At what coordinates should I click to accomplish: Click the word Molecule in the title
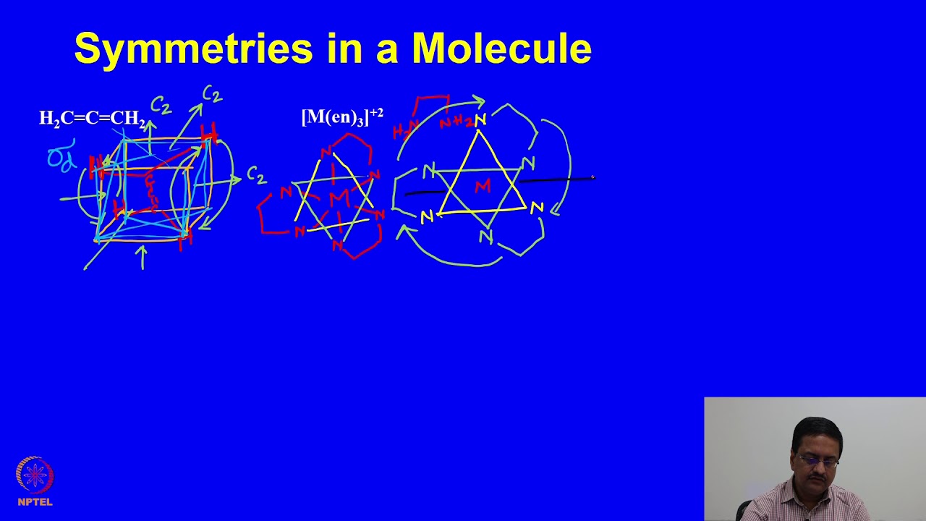coord(501,49)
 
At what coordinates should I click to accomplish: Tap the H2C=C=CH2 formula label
coord(92,119)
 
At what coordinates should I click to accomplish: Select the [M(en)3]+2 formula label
coord(342,117)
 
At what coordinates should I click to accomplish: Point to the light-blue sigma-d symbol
coord(61,158)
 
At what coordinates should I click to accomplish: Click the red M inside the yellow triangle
coord(483,187)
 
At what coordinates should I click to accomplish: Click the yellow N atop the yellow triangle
coord(480,120)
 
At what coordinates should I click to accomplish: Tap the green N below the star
coord(485,236)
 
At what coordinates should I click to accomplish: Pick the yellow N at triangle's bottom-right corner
coord(536,208)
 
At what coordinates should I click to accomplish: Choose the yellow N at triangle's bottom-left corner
coord(426,216)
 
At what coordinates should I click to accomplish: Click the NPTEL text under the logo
coord(35,501)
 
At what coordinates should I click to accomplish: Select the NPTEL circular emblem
coord(35,475)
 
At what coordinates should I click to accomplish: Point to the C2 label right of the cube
coord(256,174)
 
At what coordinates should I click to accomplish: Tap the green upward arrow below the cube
coord(143,257)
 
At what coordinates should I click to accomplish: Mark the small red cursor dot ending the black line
coord(592,177)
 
